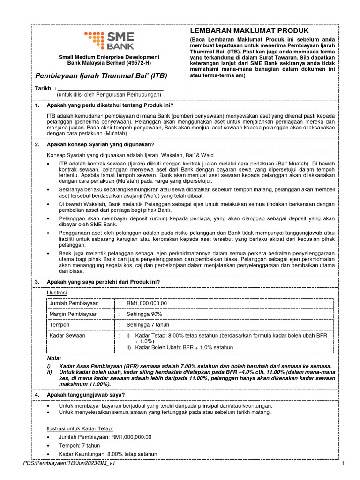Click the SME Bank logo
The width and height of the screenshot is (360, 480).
click(109, 40)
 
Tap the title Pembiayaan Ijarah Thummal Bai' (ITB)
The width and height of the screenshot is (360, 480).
click(101, 75)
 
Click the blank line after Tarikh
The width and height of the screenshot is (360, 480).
click(110, 88)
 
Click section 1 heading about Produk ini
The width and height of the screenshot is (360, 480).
click(115, 106)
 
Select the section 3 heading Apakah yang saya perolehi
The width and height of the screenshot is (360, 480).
click(103, 282)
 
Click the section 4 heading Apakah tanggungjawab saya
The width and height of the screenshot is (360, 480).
click(85, 395)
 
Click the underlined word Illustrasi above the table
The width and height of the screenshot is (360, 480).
click(57, 292)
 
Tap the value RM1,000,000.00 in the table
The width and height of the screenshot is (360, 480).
click(146, 303)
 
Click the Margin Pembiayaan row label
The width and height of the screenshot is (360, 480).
click(74, 314)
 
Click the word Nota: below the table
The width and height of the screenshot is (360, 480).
click(54, 358)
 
